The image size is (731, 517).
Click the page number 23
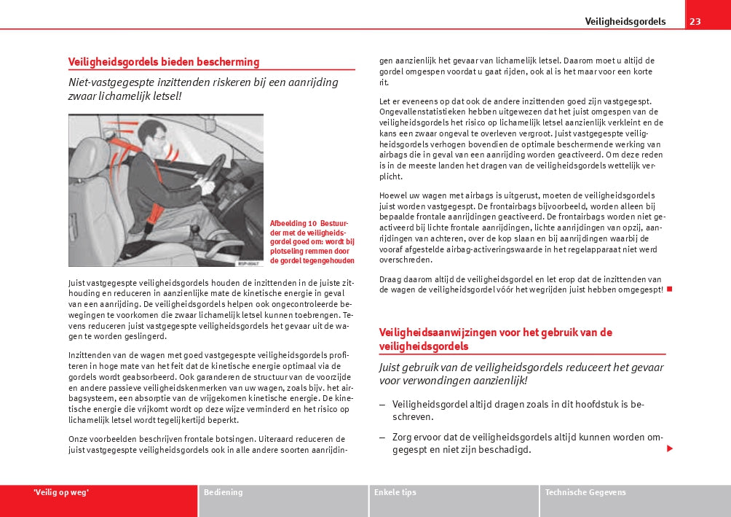click(x=695, y=21)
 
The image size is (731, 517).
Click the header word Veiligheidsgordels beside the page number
click(x=625, y=21)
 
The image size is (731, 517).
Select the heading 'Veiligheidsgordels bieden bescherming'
click(x=163, y=62)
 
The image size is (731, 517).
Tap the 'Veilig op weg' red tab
click(x=61, y=492)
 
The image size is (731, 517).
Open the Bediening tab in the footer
click(x=224, y=492)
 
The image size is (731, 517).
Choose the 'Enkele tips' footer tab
click(x=395, y=492)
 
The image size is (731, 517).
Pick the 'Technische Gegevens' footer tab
click(x=585, y=492)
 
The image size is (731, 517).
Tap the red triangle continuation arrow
click(x=670, y=448)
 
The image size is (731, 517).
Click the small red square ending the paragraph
click(x=669, y=289)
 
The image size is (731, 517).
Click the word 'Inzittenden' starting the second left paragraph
click(x=89, y=355)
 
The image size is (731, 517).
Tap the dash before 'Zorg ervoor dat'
click(x=383, y=438)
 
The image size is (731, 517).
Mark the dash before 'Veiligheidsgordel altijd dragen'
click(x=383, y=404)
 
